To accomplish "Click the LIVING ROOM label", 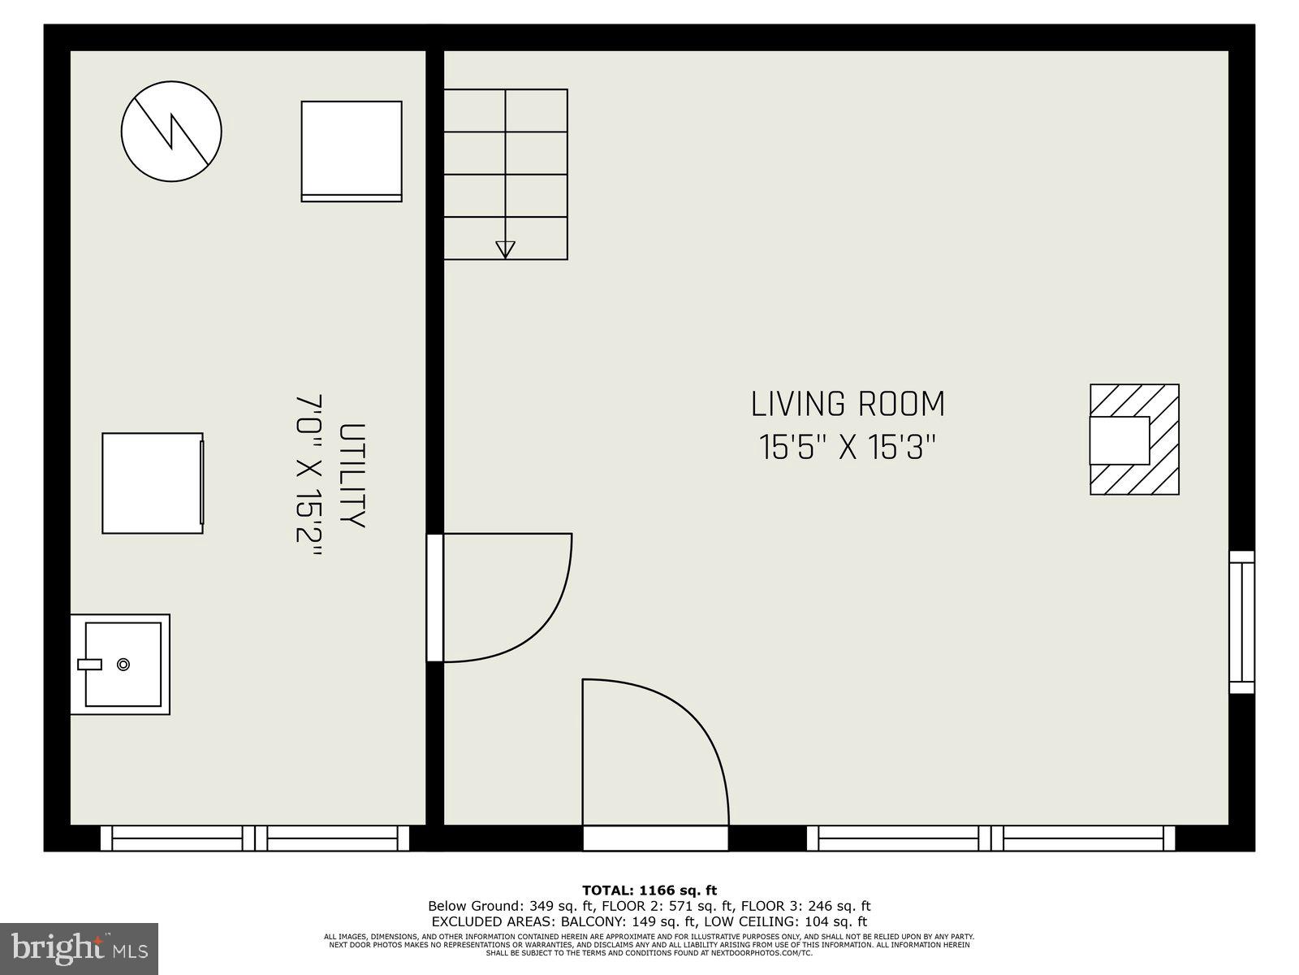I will pyautogui.click(x=848, y=404).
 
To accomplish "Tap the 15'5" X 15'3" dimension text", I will pyautogui.click(x=848, y=448).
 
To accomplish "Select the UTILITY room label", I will pyautogui.click(x=352, y=475).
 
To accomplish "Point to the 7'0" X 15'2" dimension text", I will pyautogui.click(x=309, y=475).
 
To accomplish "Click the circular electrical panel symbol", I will pyautogui.click(x=171, y=131).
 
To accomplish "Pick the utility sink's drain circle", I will pyautogui.click(x=123, y=664).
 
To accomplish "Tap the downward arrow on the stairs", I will pyautogui.click(x=505, y=249).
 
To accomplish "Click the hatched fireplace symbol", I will pyautogui.click(x=1133, y=440).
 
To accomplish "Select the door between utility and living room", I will pyautogui.click(x=436, y=597).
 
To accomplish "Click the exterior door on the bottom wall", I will pyautogui.click(x=655, y=838).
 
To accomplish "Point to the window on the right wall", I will pyautogui.click(x=1241, y=622).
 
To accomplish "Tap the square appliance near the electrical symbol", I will pyautogui.click(x=352, y=151).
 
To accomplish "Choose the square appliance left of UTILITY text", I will pyautogui.click(x=153, y=483).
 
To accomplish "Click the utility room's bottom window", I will pyautogui.click(x=255, y=838).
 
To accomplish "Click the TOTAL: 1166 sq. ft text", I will pyautogui.click(x=649, y=890).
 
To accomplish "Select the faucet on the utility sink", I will pyautogui.click(x=89, y=664).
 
